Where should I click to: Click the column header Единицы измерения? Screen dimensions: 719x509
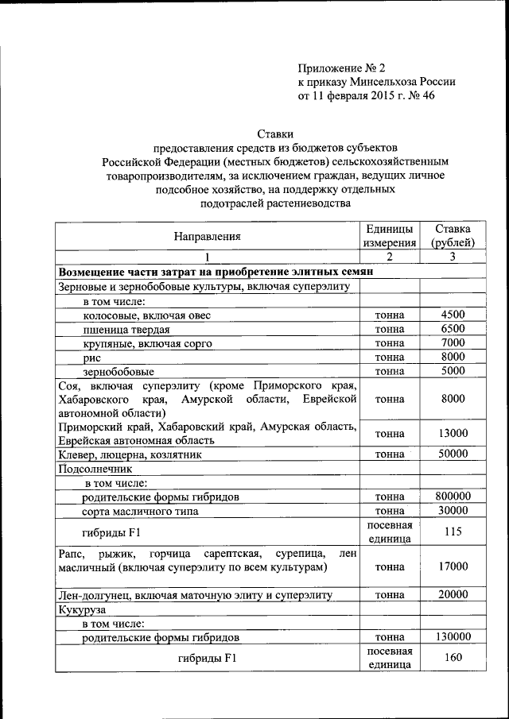(x=390, y=235)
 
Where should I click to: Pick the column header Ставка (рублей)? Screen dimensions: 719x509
(x=452, y=235)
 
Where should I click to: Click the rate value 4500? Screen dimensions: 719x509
(x=452, y=315)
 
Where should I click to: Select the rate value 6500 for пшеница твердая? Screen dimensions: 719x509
(x=452, y=329)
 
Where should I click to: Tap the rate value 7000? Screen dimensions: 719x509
(x=452, y=343)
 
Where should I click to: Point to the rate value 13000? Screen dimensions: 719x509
(x=452, y=433)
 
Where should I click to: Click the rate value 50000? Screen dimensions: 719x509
(x=452, y=454)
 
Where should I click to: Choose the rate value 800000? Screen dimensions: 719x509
(x=452, y=496)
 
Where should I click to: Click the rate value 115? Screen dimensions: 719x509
(x=452, y=532)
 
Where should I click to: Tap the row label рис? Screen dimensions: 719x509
(x=91, y=358)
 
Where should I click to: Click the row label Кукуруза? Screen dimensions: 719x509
(x=82, y=609)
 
